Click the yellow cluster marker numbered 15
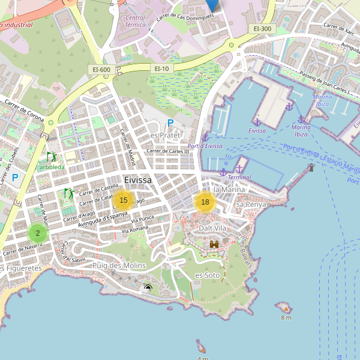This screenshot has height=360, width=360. [x=123, y=200]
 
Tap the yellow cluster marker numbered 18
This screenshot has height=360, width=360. [x=205, y=202]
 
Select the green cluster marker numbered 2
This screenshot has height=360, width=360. [x=37, y=233]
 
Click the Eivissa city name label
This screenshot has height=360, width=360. [x=138, y=180]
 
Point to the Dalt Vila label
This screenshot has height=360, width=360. [x=212, y=229]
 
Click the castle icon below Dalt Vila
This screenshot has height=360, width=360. [x=214, y=244]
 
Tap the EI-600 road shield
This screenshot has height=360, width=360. [x=101, y=70]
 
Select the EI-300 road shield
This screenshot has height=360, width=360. [x=262, y=28]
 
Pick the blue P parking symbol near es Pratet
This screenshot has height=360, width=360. [x=170, y=123]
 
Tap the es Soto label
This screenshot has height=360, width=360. [x=208, y=275]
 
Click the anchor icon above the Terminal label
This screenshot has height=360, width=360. [x=239, y=169]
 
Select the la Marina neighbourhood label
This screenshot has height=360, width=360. [x=229, y=190]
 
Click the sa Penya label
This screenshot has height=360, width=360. [x=251, y=205]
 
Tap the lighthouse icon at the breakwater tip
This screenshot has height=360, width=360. [x=311, y=167]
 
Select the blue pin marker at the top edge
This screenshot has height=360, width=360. [x=211, y=5]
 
